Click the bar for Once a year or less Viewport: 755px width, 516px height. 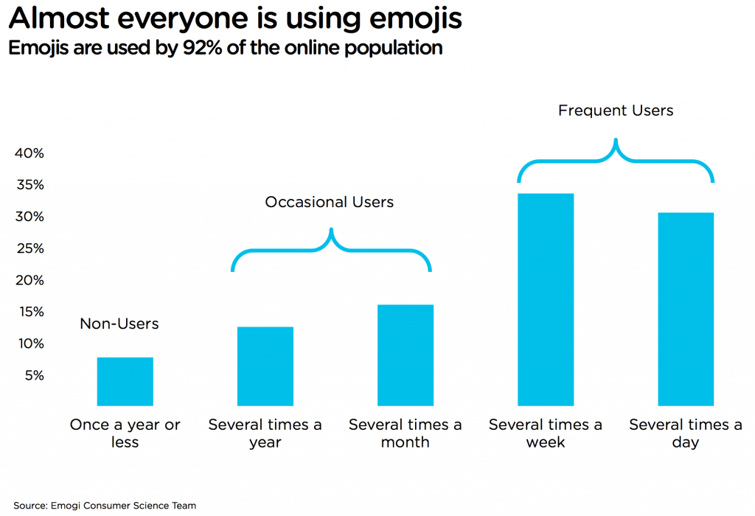tap(125, 381)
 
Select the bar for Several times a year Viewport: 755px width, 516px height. tap(265, 366)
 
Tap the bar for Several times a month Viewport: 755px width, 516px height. tap(406, 355)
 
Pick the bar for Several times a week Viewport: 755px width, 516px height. tap(546, 299)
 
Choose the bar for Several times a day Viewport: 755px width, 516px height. tap(686, 309)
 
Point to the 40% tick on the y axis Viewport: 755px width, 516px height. tap(30, 153)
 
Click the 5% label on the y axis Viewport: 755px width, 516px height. tap(34, 375)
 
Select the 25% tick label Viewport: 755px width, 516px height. tap(30, 248)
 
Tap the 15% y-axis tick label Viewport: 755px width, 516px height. tap(30, 312)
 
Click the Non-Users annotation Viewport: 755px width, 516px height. tap(119, 324)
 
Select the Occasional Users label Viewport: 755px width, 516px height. tap(330, 202)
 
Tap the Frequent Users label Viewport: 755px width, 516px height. tap(616, 111)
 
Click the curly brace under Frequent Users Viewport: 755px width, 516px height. tap(616, 160)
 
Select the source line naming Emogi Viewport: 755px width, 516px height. tap(105, 506)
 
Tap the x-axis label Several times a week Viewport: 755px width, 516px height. tap(546, 433)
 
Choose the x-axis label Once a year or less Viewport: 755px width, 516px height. tap(125, 433)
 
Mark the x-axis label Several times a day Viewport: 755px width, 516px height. tap(686, 433)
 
